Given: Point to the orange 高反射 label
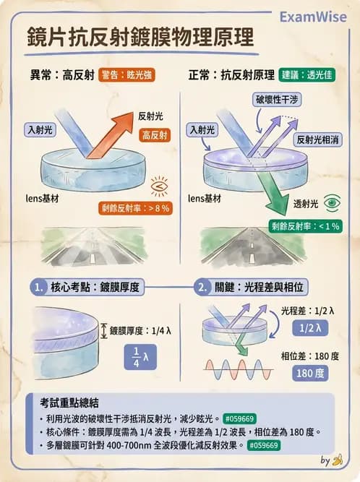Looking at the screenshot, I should click(x=155, y=134).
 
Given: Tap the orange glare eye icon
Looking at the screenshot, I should click(x=159, y=187).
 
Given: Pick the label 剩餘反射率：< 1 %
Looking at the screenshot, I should click(x=304, y=225).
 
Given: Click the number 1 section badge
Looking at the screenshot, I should click(x=39, y=287).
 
